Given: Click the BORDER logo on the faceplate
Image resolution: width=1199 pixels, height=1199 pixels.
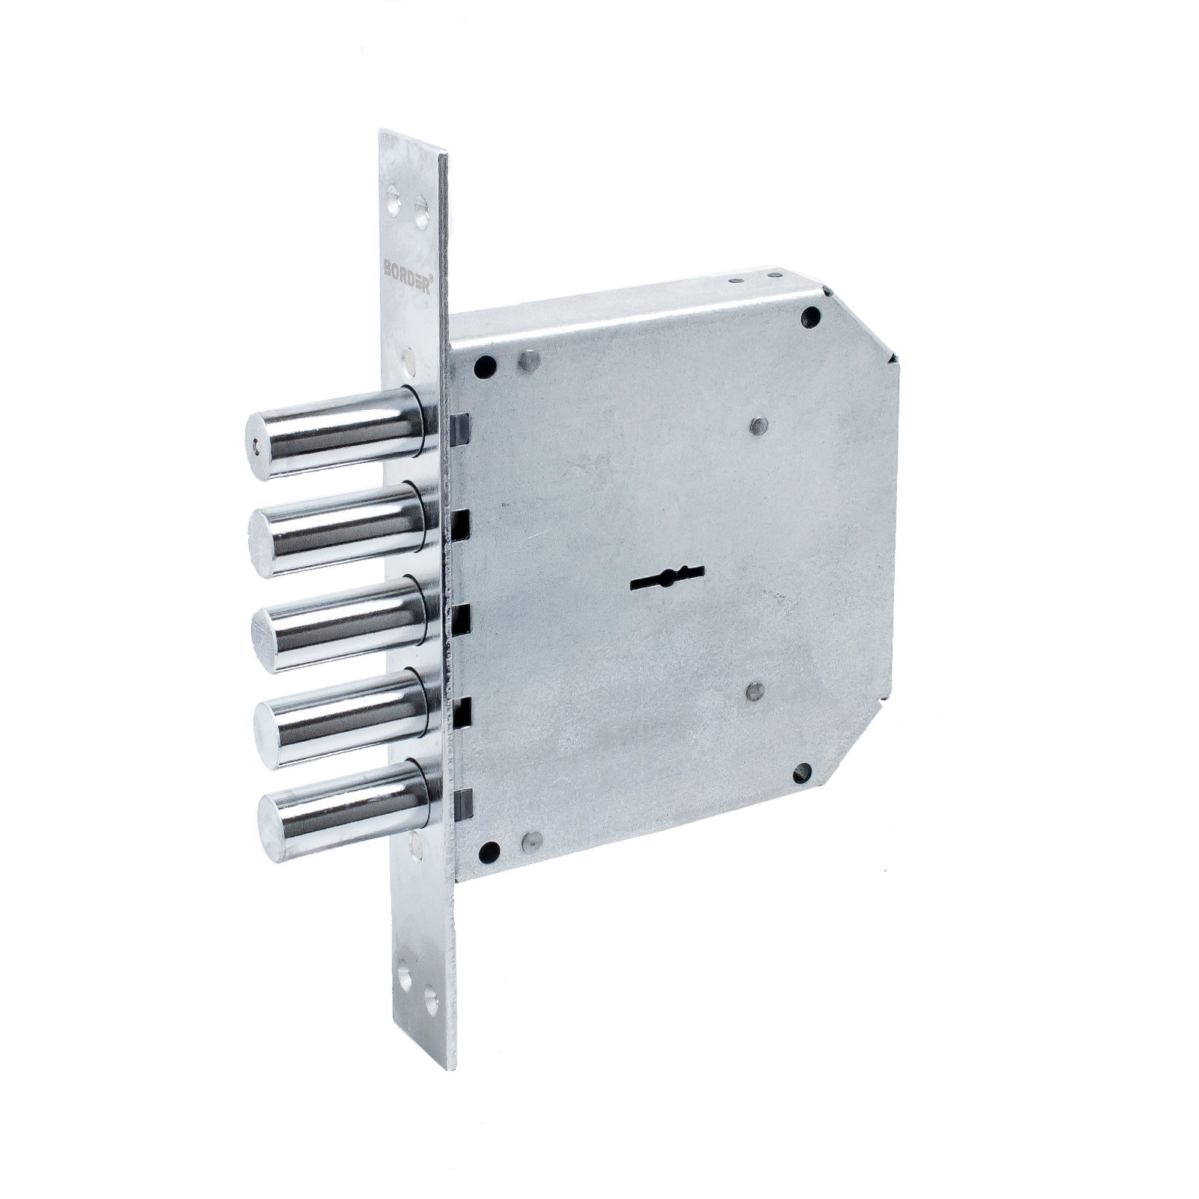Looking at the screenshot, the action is click(408, 276).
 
